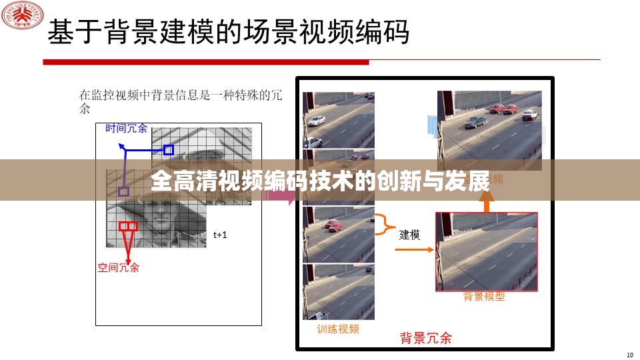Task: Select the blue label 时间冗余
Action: [x=126, y=128]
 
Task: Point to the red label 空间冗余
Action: [x=119, y=267]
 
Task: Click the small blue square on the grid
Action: [x=169, y=150]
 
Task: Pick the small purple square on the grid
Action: [x=123, y=191]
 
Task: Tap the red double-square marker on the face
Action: [x=128, y=227]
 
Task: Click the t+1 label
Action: [x=221, y=235]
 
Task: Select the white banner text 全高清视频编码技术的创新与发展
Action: [x=320, y=180]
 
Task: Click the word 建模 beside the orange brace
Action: [x=409, y=234]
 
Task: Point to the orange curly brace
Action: [x=383, y=225]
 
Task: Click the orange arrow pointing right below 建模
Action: [x=413, y=251]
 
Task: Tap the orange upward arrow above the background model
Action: [x=486, y=204]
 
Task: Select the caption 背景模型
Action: [x=484, y=297]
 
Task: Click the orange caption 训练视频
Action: [x=338, y=329]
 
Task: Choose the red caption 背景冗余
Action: [x=425, y=337]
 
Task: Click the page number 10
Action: [x=630, y=354]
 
